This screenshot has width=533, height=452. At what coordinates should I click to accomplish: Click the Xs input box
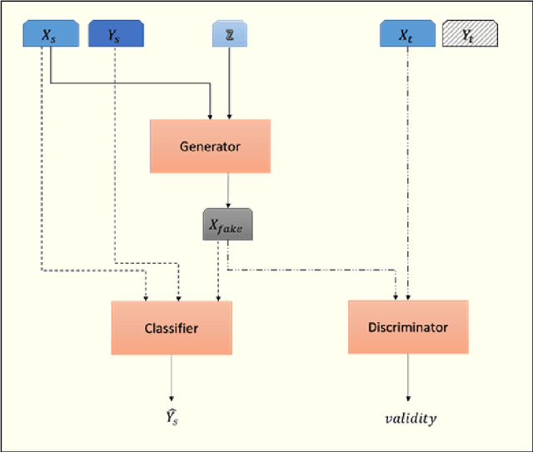51,34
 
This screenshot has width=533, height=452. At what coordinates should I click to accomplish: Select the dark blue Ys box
115,34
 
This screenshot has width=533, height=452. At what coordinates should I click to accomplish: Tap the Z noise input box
229,34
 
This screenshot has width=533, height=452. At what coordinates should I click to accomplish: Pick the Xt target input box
407,34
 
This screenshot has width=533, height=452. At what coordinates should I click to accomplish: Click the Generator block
210,147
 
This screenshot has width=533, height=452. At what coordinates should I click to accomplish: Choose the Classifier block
172,328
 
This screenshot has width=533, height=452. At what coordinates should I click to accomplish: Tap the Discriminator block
408,327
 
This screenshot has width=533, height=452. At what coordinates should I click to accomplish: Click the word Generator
210,147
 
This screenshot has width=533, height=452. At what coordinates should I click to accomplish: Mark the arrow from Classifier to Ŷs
172,378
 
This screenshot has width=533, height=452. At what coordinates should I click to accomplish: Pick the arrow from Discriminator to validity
408,378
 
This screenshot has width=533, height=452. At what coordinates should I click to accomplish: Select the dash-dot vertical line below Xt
408,166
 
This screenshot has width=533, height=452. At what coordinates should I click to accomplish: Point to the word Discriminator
408,327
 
